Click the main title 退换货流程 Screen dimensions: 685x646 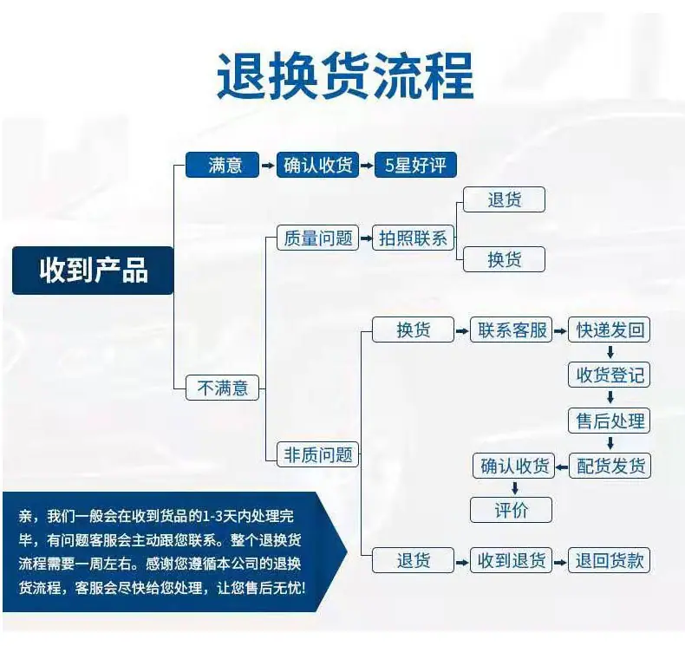345,75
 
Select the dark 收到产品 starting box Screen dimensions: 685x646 93,271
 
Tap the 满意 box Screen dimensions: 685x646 222,165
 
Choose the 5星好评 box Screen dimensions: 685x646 415,165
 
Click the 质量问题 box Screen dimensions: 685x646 317,238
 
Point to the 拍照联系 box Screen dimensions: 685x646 413,238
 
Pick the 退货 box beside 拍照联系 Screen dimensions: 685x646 504,199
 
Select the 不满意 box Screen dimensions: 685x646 222,388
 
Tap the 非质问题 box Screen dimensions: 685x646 317,454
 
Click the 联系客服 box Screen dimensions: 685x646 511,330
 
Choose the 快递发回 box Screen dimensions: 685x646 609,330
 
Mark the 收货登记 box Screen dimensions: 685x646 609,375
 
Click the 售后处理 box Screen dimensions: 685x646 609,421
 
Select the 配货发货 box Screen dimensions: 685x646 610,466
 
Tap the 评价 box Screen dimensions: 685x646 511,510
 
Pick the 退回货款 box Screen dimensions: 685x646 609,560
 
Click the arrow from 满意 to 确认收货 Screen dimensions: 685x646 268,166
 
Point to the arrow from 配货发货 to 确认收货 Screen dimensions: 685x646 562,467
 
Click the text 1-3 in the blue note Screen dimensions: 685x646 212,517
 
